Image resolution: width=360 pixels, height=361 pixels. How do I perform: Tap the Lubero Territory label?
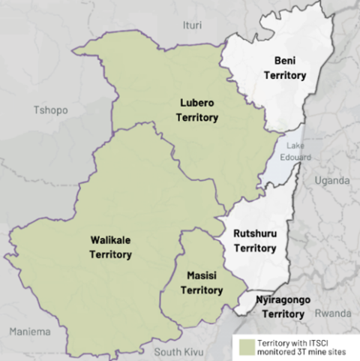coord(197,110)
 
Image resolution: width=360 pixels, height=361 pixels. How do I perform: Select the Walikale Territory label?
coord(110,247)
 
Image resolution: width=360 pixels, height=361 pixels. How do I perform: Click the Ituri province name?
coord(192,26)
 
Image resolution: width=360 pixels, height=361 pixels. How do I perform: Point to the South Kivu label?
coord(178,351)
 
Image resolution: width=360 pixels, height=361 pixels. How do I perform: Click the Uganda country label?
coord(332,181)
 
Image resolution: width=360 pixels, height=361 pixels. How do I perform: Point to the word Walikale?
coord(110,240)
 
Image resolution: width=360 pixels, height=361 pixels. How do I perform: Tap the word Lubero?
coord(197,103)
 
